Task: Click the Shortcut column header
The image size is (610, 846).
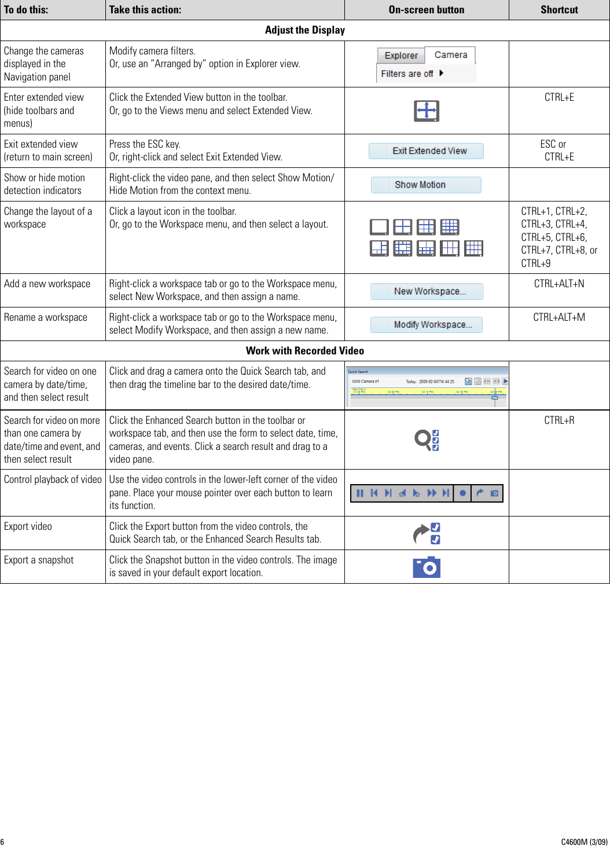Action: point(559,10)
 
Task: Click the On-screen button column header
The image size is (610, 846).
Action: point(426,10)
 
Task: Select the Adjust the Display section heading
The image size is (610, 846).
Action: point(305,30)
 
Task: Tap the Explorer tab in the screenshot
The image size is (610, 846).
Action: point(401,56)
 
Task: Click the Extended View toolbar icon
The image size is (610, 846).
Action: point(427,111)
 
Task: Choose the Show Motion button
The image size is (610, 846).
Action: point(426,185)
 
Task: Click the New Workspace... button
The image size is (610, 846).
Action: point(427,291)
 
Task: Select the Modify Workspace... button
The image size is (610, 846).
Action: point(427,325)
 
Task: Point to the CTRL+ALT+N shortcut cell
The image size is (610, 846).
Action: point(559,284)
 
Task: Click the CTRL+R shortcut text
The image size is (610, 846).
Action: point(559,420)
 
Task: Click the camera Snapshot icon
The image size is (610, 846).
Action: point(427,567)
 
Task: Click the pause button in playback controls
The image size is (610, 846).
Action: point(360,493)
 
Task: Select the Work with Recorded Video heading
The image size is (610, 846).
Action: point(305,351)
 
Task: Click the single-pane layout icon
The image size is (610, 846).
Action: point(379,227)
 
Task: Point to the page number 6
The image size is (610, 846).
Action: point(2,842)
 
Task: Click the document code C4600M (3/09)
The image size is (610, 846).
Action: point(584,842)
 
